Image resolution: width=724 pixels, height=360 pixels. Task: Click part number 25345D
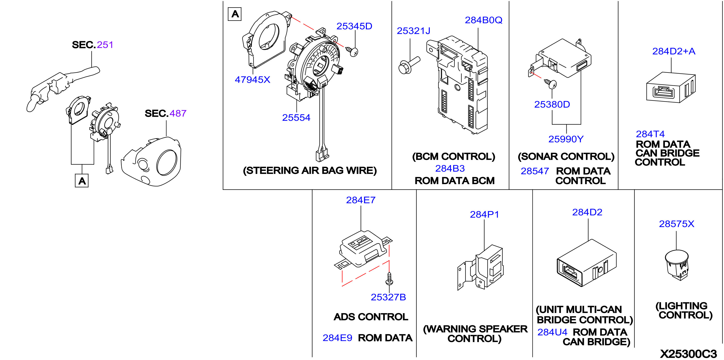(x=354, y=26)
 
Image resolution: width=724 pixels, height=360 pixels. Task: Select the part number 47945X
(x=252, y=80)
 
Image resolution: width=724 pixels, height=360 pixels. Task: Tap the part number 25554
(x=296, y=118)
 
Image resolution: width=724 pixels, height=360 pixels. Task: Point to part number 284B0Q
(x=483, y=20)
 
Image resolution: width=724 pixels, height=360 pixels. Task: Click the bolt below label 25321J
(x=409, y=65)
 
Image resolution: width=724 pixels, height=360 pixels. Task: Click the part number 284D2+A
(x=674, y=51)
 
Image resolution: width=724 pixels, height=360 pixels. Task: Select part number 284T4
(x=650, y=134)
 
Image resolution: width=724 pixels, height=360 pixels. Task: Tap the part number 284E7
(x=361, y=200)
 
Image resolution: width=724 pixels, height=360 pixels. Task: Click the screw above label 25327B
(x=389, y=278)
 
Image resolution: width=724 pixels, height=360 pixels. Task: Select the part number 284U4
(x=552, y=332)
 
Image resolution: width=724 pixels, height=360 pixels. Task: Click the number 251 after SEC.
(x=105, y=45)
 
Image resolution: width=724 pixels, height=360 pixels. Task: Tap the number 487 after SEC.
(x=178, y=113)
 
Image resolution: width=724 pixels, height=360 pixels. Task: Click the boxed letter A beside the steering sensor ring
(x=235, y=14)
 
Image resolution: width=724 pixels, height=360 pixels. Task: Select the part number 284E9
(x=337, y=338)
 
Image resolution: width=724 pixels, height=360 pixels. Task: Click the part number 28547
(x=535, y=171)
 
